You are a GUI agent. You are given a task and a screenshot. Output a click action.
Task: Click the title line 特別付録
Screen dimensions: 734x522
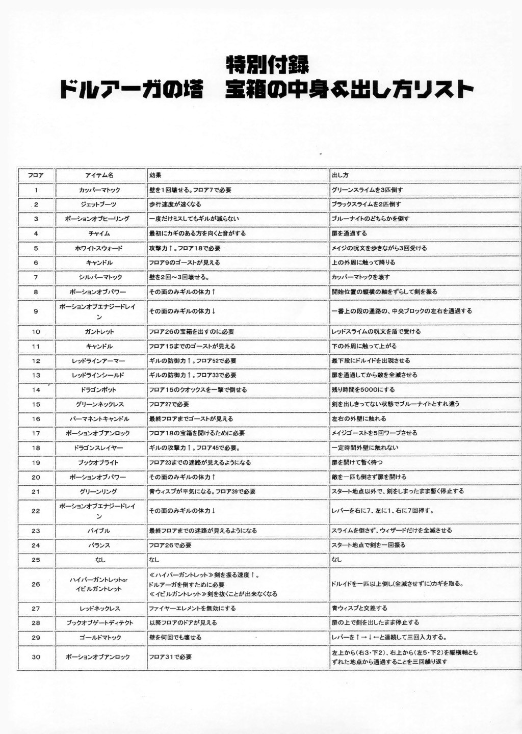(267, 65)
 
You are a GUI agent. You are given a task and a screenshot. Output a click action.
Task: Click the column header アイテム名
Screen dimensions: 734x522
(99, 175)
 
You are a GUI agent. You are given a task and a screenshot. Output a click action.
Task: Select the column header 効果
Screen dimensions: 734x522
(155, 175)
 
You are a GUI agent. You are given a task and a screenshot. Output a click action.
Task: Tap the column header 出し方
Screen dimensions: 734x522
(340, 175)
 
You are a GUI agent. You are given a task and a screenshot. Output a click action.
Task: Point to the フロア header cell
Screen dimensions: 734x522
(36, 175)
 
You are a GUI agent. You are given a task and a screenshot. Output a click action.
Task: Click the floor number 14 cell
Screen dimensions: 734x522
(36, 390)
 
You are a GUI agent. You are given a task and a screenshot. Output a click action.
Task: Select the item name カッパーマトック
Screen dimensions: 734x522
(99, 190)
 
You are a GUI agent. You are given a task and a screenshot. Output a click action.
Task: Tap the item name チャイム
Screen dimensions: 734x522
(99, 233)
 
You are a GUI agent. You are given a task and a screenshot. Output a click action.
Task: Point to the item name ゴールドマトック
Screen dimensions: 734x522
(100, 638)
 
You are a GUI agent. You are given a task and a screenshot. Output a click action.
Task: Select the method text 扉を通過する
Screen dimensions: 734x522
(349, 233)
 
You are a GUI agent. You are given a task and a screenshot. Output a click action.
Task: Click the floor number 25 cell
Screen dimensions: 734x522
(36, 560)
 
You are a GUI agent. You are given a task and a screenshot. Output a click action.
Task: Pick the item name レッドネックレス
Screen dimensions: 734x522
(100, 609)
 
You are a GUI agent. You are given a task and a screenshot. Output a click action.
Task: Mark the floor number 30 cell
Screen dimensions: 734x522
(36, 657)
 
